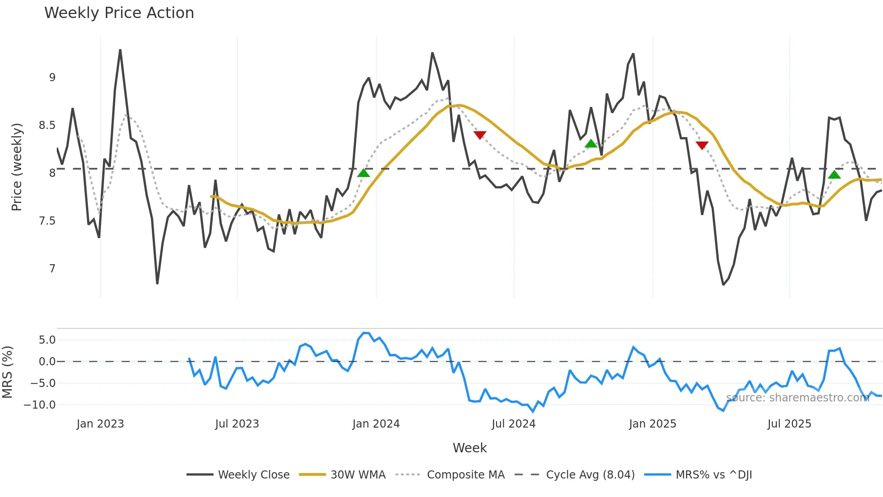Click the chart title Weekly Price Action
(119, 13)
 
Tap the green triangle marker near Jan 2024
(364, 173)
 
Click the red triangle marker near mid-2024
(480, 135)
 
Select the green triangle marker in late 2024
(591, 144)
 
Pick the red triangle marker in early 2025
(702, 145)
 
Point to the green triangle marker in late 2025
(834, 175)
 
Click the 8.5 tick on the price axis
(47, 125)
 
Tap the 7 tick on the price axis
(52, 269)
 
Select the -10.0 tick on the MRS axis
(40, 405)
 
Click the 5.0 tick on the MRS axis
(47, 340)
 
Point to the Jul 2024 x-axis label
(514, 424)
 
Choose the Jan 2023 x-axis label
(100, 424)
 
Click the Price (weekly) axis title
(17, 167)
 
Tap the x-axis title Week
(469, 448)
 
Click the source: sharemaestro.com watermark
(797, 397)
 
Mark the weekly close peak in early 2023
(120, 50)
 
